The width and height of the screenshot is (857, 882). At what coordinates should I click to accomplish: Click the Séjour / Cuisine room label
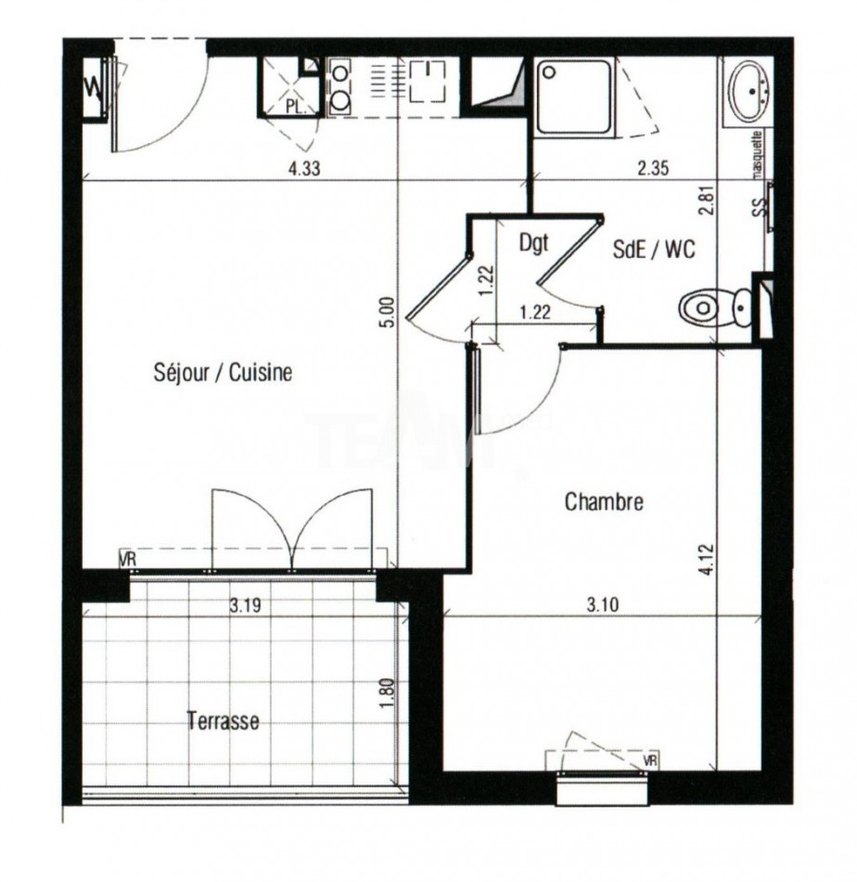click(223, 373)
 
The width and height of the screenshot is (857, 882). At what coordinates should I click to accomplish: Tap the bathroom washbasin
click(749, 90)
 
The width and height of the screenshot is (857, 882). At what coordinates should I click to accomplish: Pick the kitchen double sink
click(339, 85)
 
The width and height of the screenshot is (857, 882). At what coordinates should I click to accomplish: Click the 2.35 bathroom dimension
click(653, 169)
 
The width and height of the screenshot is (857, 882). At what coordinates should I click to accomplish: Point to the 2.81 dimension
click(710, 201)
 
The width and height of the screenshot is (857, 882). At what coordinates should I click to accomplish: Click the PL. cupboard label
click(296, 107)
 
